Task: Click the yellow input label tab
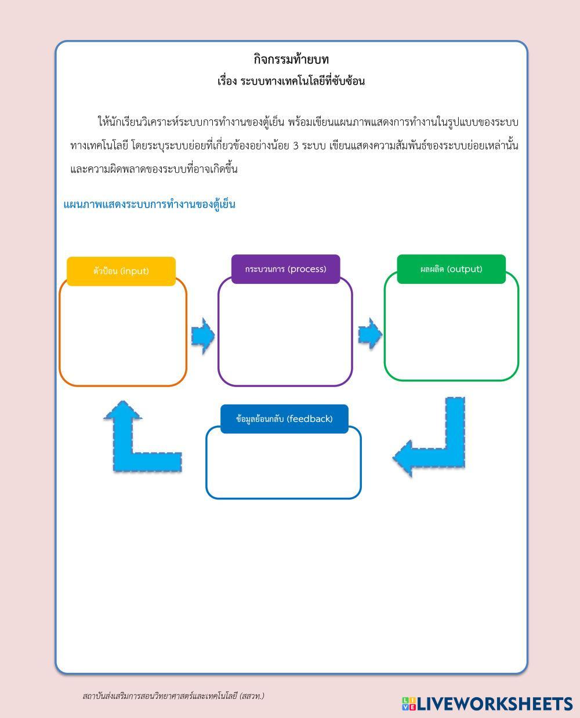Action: tap(121, 271)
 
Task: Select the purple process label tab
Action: tap(285, 269)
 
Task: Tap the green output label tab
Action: tap(451, 269)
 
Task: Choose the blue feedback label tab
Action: tap(284, 418)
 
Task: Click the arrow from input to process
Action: tap(202, 336)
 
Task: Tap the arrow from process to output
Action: tap(369, 334)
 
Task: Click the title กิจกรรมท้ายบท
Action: tap(291, 59)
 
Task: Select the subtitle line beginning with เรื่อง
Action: tap(291, 81)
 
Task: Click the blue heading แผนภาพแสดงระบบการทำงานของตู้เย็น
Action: tap(149, 205)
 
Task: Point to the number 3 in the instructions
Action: tap(296, 146)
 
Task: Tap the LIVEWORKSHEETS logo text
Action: tap(495, 704)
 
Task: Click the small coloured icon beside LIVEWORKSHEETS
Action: tap(409, 704)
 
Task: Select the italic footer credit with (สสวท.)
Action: tap(173, 695)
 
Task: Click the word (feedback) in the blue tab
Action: tap(310, 418)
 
